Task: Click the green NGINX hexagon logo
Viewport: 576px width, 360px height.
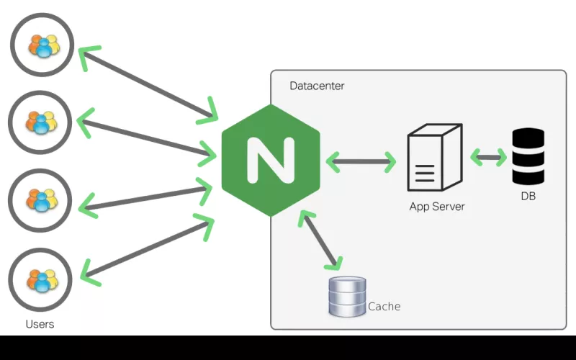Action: point(271,160)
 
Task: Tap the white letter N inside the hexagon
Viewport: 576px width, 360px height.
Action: point(271,160)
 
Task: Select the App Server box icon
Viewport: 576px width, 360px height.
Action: point(435,158)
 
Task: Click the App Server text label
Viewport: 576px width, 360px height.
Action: point(437,207)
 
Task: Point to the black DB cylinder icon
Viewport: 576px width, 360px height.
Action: point(528,156)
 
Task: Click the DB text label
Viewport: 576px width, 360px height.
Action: point(528,196)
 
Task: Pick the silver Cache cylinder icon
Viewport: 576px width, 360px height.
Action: point(347,297)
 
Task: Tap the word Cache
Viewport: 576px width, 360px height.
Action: point(384,307)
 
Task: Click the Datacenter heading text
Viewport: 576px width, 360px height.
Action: point(317,86)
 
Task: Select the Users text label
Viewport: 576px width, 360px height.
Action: point(40,324)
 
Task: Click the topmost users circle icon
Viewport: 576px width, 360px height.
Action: point(42,45)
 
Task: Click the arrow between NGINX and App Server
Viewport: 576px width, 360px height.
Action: point(361,161)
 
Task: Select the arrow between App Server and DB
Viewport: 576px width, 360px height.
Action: point(489,157)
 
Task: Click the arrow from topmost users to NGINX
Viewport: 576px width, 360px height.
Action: point(148,84)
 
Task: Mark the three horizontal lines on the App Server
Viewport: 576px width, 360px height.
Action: point(425,174)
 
